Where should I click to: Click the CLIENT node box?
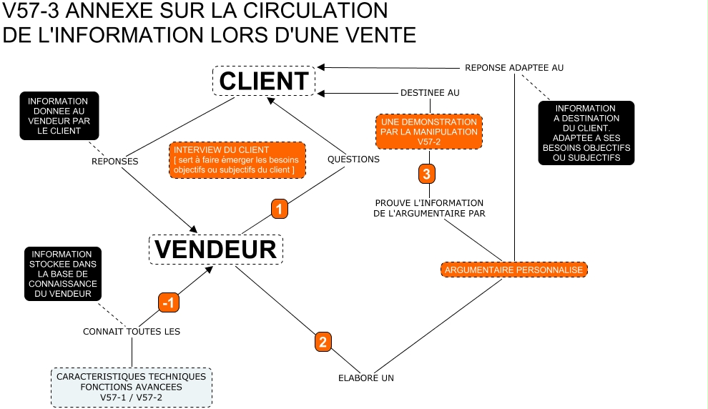point(263,81)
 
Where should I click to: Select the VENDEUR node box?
point(216,249)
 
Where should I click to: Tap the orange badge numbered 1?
point(280,208)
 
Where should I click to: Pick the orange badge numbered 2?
point(323,342)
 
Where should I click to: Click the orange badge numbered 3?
point(426,173)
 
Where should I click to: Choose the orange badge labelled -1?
point(168,302)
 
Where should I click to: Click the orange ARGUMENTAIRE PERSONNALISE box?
point(513,270)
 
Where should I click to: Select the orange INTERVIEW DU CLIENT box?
point(237,160)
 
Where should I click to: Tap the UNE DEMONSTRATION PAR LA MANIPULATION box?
point(428,132)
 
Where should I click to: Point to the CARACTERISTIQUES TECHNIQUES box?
point(132,387)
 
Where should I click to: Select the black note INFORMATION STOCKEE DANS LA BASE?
point(62,274)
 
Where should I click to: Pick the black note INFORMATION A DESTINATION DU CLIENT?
point(586,133)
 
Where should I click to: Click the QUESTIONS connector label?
point(353,159)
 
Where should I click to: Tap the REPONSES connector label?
point(114,161)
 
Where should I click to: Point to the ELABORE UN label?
point(366,378)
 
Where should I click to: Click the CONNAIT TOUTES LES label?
point(132,331)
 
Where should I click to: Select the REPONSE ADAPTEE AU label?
point(514,67)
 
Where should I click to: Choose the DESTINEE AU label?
point(429,92)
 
